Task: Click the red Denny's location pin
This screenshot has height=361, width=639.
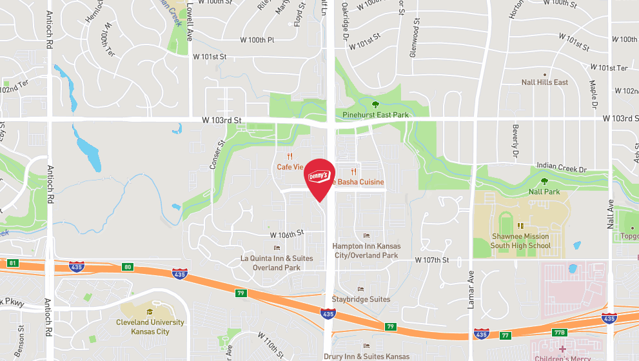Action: pos(320,178)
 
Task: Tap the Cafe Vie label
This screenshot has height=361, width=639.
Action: pos(290,167)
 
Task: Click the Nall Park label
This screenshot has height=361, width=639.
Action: pos(544,191)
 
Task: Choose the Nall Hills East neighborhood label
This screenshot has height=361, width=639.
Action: pos(545,83)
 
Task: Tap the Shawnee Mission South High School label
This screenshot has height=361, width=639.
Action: pos(521,240)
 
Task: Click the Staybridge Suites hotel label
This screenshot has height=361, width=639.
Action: pos(361,299)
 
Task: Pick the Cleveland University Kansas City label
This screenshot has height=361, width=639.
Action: pos(150,327)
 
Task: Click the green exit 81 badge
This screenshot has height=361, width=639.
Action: pos(12,263)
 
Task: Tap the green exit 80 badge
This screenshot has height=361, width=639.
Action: pos(128,266)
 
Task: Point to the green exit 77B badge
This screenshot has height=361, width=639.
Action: pos(559,333)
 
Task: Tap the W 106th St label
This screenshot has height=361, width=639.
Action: pos(286,233)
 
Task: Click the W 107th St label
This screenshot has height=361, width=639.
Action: pos(431,260)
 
